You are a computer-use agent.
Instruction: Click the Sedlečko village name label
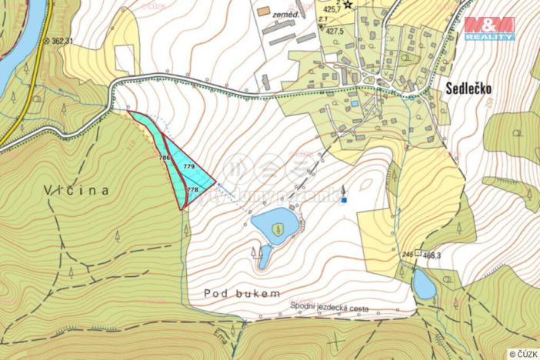point(468,88)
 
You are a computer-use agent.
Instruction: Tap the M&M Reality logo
point(489,28)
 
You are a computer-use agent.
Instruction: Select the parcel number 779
point(188,166)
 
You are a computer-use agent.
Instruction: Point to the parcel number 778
point(192,188)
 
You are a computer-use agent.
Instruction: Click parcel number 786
point(164,157)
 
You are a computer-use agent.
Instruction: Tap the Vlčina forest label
point(76,189)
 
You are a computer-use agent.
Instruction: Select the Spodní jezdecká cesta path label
point(330,308)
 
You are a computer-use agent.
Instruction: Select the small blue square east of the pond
point(345,200)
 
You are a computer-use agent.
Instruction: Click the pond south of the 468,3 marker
point(424,285)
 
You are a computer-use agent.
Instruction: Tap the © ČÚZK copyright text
point(522,353)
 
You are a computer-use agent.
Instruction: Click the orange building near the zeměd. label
point(264,12)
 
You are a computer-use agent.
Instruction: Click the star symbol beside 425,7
point(348,5)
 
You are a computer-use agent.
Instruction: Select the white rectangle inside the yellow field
point(124,58)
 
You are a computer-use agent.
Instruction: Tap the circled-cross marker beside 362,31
point(45,40)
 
